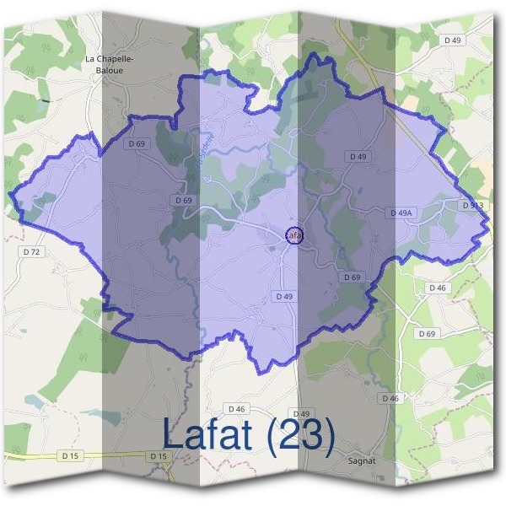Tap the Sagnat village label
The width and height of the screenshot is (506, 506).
pyautogui.click(x=361, y=461)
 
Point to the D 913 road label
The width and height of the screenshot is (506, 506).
pyautogui.click(x=472, y=205)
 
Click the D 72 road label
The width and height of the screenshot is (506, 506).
pyautogui.click(x=32, y=251)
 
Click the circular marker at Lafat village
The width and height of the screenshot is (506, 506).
pyautogui.click(x=293, y=235)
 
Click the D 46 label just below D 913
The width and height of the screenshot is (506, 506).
pyautogui.click(x=437, y=288)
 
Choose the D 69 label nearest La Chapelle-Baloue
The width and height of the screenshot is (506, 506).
pyautogui.click(x=137, y=144)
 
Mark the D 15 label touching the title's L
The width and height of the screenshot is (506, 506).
pyautogui.click(x=159, y=456)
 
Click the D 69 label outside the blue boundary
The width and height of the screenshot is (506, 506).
pyautogui.click(x=429, y=334)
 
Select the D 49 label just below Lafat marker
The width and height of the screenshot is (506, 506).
pyautogui.click(x=284, y=297)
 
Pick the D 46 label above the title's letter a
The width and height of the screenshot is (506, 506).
pyautogui.click(x=235, y=409)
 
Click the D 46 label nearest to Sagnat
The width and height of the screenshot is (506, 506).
pyautogui.click(x=390, y=398)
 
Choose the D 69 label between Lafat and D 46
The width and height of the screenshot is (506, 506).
pyautogui.click(x=353, y=277)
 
